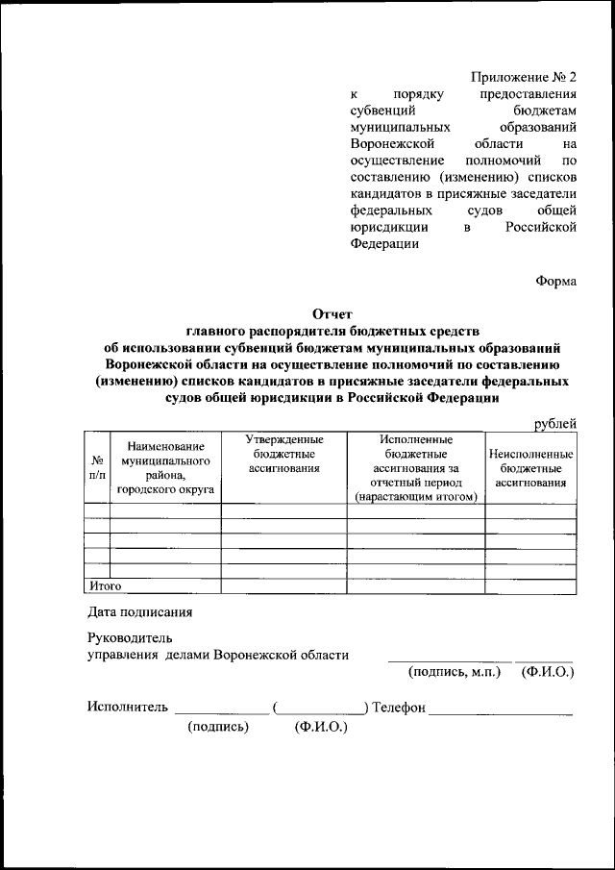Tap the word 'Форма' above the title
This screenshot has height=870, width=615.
click(555, 281)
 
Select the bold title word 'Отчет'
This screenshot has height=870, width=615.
click(332, 313)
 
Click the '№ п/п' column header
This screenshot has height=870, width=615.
click(97, 467)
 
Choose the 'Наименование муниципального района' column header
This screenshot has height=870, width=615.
click(165, 468)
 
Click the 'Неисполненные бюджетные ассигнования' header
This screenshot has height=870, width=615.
click(530, 467)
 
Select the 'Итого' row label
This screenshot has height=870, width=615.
click(105, 584)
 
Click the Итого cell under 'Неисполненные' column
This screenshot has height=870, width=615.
click(530, 585)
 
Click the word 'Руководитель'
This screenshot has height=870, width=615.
click(129, 637)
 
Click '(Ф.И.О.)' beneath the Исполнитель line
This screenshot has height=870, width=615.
click(321, 727)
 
